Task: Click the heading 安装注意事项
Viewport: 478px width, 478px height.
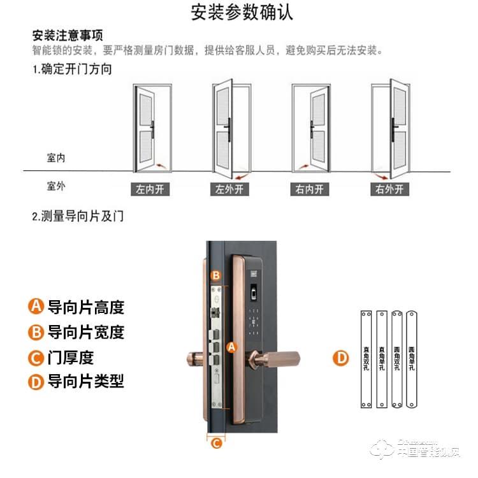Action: pyautogui.click(x=67, y=34)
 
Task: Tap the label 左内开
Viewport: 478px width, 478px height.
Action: pyautogui.click(x=150, y=189)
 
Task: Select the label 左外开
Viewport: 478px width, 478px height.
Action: pyautogui.click(x=230, y=189)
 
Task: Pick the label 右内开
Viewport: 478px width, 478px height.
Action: pyautogui.click(x=310, y=189)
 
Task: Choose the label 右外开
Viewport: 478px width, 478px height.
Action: pyautogui.click(x=390, y=189)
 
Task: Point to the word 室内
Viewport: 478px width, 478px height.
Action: pyautogui.click(x=56, y=157)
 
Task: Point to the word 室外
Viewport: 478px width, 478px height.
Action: pyautogui.click(x=56, y=187)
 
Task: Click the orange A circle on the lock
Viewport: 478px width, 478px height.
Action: pyautogui.click(x=232, y=347)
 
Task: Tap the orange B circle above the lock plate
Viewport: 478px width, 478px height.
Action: pyautogui.click(x=216, y=275)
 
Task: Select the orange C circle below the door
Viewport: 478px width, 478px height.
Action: pyautogui.click(x=217, y=443)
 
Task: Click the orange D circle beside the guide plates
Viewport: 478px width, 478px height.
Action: pyautogui.click(x=342, y=358)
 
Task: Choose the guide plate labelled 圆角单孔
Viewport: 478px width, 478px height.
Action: pyautogui.click(x=412, y=359)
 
